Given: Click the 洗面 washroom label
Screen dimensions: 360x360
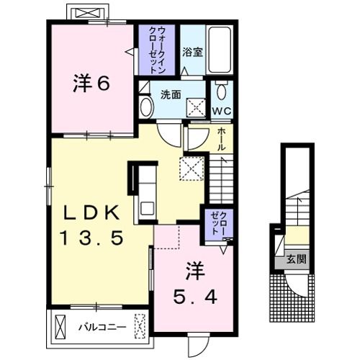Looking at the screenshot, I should pyautogui.click(x=170, y=94).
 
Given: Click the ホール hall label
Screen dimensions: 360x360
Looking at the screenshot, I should pyautogui.click(x=222, y=136).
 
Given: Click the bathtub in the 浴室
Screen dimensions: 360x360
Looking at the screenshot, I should pyautogui.click(x=220, y=50).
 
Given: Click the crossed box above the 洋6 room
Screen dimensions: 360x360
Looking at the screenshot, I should pyautogui.click(x=88, y=14).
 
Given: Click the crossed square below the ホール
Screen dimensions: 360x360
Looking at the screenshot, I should pyautogui.click(x=192, y=170).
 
